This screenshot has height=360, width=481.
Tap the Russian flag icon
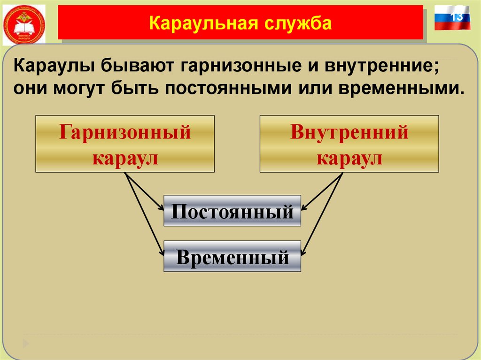coord(452,18)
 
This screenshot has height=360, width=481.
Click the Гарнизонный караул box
coord(125,144)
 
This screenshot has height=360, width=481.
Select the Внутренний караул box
coord(349,144)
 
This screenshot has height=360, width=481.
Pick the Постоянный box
coord(232,211)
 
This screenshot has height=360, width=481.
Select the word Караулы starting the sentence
coord(53,66)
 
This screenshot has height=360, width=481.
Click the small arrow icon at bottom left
coord(26,343)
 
